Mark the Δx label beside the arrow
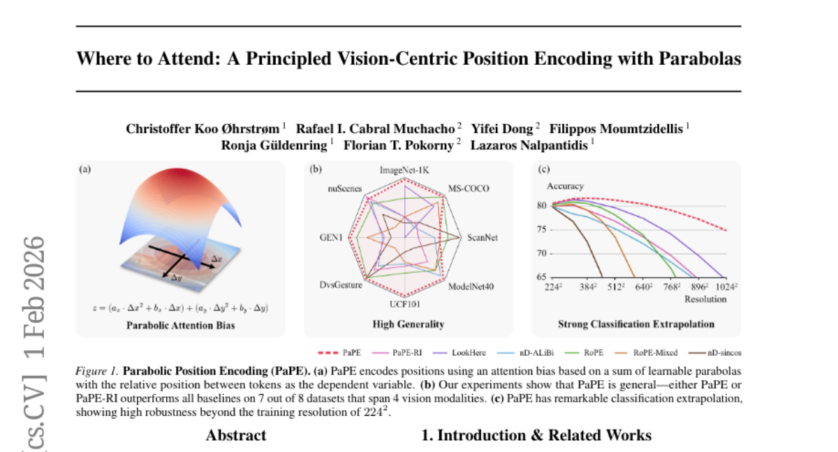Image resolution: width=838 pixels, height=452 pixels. [x=218, y=259]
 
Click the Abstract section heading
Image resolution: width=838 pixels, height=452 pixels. [x=236, y=436]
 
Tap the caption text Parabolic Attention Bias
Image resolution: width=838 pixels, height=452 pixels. [x=180, y=324]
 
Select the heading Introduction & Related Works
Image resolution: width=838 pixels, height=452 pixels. [x=536, y=436]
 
